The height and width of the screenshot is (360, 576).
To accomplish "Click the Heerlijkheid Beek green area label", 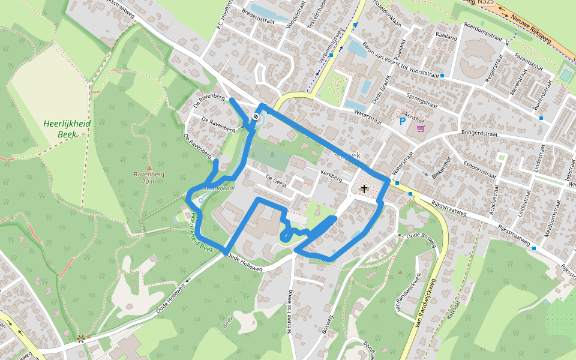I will click(x=67, y=128).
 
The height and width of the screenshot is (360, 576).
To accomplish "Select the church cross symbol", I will click(x=363, y=189).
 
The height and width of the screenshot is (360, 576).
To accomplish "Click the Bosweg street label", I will click(x=327, y=323).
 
